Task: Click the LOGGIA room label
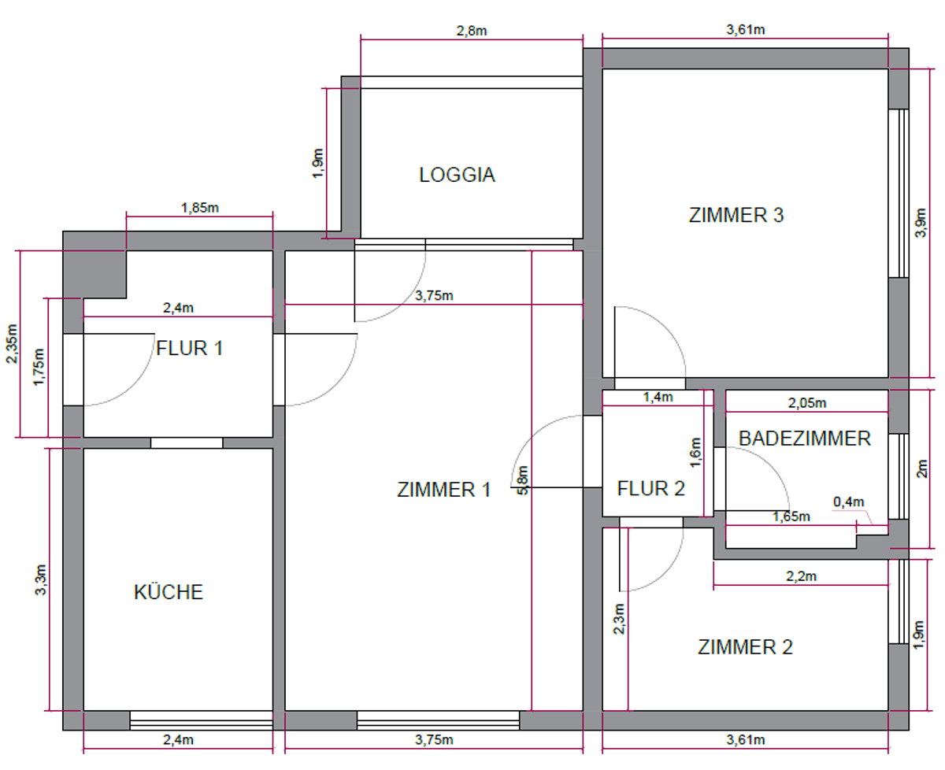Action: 457,175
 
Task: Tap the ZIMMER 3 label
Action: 736,215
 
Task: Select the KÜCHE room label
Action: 169,591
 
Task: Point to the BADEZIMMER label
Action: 804,439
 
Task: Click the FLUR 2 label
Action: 650,488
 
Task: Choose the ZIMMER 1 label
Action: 443,490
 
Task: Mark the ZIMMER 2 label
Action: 745,646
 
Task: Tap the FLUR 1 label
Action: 190,348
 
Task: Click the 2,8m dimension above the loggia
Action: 472,31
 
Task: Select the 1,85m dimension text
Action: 200,208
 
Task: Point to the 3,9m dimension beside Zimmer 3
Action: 921,223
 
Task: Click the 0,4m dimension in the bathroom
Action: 848,502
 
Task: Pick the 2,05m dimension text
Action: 807,403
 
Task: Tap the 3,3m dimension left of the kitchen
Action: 40,579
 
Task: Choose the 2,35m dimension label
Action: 12,344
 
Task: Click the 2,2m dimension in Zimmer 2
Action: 801,576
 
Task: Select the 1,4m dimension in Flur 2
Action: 658,397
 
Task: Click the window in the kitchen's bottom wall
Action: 201,720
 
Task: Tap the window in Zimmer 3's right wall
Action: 899,194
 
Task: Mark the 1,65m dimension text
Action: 791,516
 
